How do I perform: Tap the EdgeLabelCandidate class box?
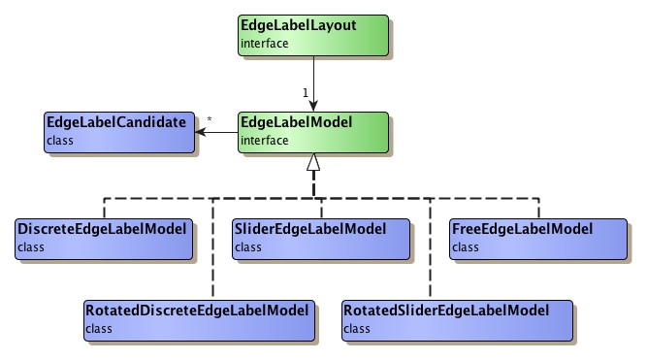[116, 132]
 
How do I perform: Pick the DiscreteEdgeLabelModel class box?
[103, 239]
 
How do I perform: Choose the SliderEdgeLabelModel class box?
[320, 239]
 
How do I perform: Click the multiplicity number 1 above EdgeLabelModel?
[305, 92]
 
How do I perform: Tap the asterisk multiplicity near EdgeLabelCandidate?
[209, 121]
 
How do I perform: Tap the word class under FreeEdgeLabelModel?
[465, 247]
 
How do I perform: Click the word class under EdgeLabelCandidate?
[59, 141]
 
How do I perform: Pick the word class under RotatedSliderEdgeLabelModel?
[357, 329]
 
